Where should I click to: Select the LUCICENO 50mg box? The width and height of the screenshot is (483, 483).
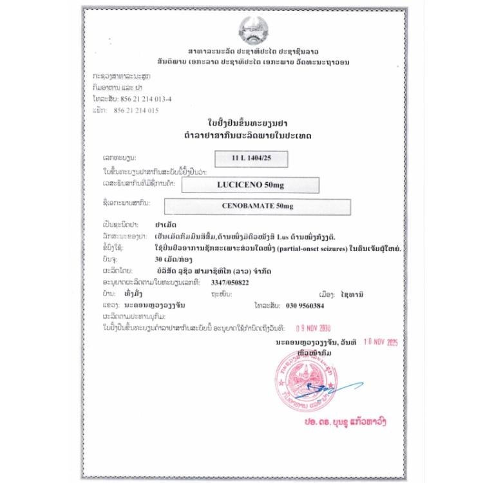tap(251, 185)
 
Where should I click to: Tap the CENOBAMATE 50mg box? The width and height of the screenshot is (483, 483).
tap(257, 207)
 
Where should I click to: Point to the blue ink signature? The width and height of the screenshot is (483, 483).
tap(335, 388)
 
